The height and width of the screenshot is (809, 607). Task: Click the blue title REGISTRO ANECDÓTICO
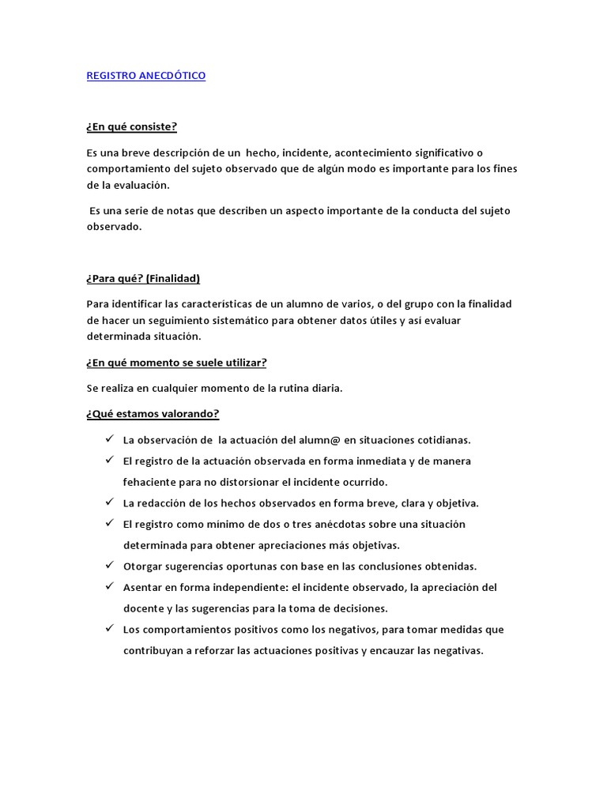coord(145,76)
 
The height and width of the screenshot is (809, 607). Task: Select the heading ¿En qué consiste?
coord(132,127)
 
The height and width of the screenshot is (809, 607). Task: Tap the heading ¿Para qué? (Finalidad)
coord(143,278)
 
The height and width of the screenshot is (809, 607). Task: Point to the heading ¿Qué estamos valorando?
coord(153,413)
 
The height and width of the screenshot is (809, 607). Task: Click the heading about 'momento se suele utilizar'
coord(176,363)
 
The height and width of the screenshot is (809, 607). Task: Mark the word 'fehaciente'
coord(153,482)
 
